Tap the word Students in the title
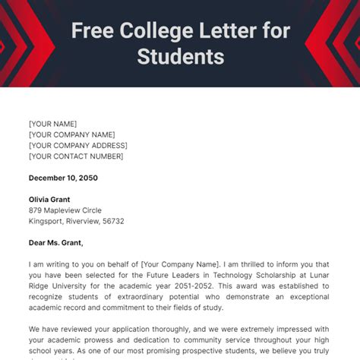click(x=181, y=56)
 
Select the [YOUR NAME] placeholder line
click(x=53, y=124)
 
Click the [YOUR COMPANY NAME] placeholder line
click(x=72, y=134)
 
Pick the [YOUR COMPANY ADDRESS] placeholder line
click(x=78, y=145)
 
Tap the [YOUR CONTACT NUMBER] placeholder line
click(x=76, y=156)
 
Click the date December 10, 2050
click(x=63, y=178)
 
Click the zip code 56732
click(x=113, y=221)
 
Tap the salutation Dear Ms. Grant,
click(x=56, y=243)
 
